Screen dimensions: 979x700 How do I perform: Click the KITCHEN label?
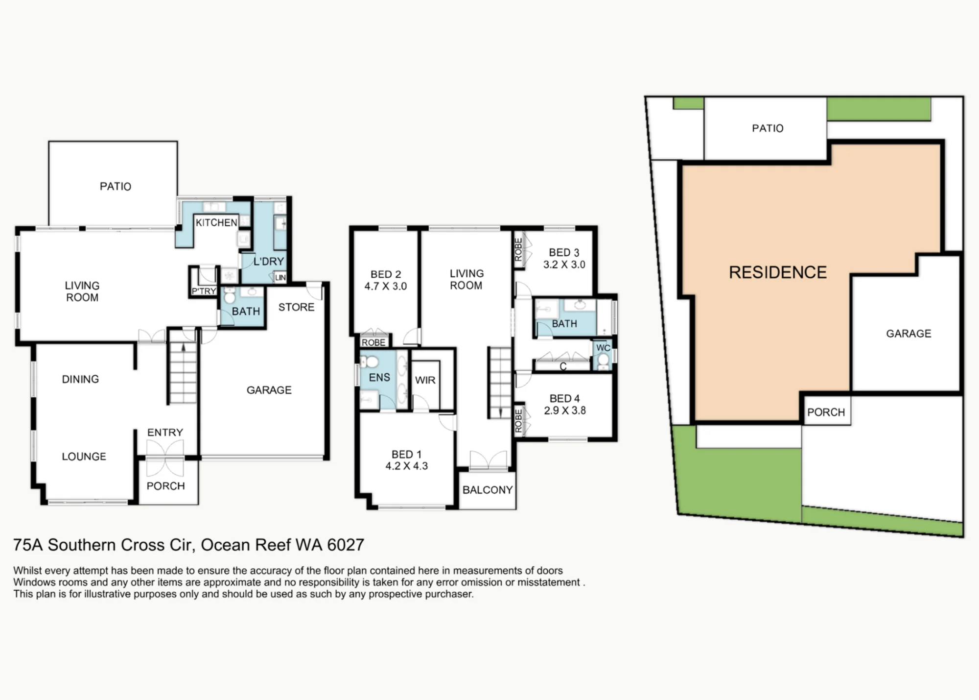[216, 223]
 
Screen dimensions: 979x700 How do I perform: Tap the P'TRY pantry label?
[204, 291]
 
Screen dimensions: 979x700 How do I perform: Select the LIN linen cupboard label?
[280, 278]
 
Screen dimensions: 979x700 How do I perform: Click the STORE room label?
[296, 307]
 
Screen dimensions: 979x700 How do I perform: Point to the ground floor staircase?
[183, 372]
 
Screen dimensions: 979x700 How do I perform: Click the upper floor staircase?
[500, 383]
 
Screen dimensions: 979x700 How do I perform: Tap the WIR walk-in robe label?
[425, 380]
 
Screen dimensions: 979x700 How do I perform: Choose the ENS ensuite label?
[379, 378]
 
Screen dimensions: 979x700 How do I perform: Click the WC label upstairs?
[603, 348]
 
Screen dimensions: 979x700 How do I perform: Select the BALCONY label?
[488, 490]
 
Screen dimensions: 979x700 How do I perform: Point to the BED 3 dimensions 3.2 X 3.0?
[564, 265]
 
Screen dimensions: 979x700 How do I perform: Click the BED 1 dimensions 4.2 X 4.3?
[406, 466]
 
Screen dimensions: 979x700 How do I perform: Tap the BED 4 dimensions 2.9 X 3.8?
[565, 410]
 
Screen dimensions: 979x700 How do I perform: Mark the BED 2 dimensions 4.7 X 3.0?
[386, 286]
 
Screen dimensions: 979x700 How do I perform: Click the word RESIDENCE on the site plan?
[778, 272]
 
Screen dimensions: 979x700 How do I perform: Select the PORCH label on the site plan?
[826, 412]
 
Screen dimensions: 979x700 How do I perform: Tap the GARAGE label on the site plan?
[909, 334]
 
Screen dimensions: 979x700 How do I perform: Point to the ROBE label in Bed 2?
[373, 342]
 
